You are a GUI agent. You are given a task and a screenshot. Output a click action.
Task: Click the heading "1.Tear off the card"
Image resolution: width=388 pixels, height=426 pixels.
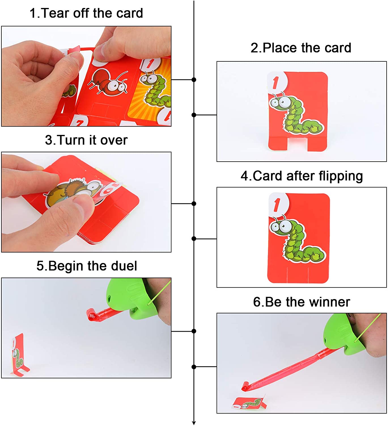(86, 13)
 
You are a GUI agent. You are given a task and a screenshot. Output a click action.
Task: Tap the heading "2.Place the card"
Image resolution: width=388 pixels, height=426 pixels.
(301, 48)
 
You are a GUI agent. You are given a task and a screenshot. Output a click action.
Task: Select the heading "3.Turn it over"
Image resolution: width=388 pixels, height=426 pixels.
(86, 140)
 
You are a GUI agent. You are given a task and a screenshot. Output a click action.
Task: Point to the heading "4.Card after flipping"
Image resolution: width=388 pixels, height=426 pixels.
(302, 176)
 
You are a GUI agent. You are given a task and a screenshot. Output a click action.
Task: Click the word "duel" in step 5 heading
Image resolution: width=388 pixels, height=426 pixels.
(124, 266)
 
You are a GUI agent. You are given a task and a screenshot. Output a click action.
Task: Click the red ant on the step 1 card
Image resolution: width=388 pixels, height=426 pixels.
(108, 82)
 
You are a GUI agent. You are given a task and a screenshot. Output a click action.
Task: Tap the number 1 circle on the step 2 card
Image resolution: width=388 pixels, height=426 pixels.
(276, 82)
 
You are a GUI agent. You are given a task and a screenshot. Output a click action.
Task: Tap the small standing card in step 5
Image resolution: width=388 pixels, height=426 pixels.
(19, 354)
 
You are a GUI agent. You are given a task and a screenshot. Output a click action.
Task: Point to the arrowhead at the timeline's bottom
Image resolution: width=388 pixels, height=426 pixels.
(194, 423)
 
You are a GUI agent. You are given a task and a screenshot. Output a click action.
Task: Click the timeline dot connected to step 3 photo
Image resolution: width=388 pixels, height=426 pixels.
(194, 204)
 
